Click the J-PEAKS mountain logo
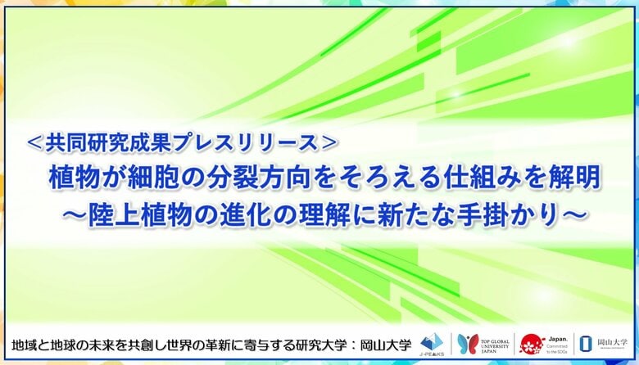pos(430,341)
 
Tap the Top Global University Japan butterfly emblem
pos(469,343)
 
